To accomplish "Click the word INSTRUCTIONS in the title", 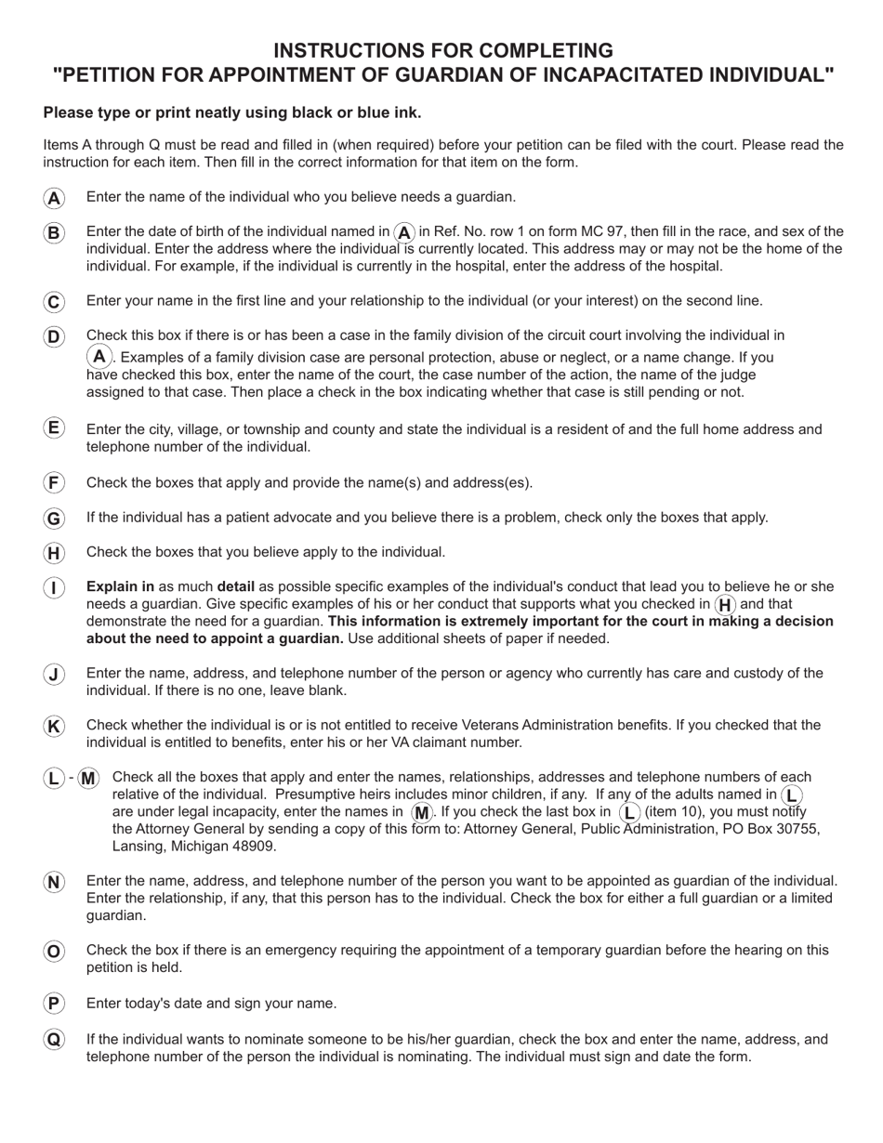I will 343,50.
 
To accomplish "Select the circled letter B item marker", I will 54,232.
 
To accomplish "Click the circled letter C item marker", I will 54,302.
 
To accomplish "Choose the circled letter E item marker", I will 54,427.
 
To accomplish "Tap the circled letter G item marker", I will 54,519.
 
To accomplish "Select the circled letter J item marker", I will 54,675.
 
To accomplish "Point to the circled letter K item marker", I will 54,727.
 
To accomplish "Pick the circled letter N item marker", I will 54,883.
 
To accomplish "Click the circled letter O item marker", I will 54,952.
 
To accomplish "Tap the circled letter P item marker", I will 54,1004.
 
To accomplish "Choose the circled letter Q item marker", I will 54,1040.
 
